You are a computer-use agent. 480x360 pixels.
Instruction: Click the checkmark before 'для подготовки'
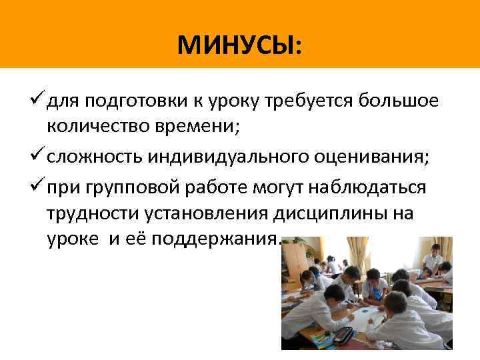pyautogui.click(x=37, y=100)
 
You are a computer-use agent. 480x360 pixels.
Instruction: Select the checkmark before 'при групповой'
pyautogui.click(x=37, y=186)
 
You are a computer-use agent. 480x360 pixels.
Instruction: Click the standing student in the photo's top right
pyautogui.click(x=434, y=257)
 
